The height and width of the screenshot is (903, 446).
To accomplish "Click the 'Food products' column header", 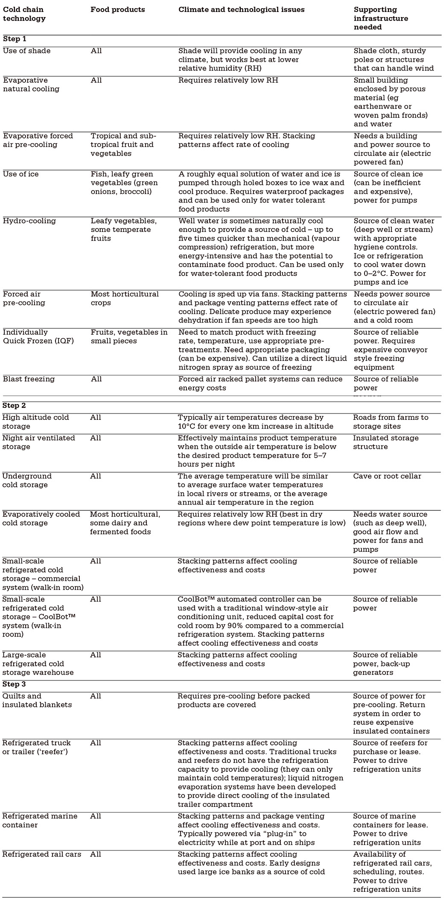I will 117,10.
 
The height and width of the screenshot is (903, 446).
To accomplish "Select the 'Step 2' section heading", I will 14,405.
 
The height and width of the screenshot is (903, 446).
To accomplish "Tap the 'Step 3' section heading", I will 14,684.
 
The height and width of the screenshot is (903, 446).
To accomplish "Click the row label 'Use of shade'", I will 26,51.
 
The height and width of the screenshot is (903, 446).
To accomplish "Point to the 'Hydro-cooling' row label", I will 29,221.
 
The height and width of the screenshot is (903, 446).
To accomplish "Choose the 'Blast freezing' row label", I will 29,379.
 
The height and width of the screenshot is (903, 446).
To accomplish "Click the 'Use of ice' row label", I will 21,174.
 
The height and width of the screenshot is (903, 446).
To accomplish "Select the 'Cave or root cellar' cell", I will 387,476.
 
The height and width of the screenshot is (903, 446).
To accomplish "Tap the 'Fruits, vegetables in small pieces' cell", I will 129,336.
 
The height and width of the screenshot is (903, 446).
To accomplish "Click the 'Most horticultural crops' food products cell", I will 125,298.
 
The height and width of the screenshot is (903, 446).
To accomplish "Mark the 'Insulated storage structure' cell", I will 385,442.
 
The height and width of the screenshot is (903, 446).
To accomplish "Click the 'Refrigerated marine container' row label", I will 40,820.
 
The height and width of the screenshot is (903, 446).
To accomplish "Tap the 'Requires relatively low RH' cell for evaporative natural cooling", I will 228,80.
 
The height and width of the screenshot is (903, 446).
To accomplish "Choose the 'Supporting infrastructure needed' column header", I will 380,18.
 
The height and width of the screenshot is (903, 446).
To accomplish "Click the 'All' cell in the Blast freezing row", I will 96,379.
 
